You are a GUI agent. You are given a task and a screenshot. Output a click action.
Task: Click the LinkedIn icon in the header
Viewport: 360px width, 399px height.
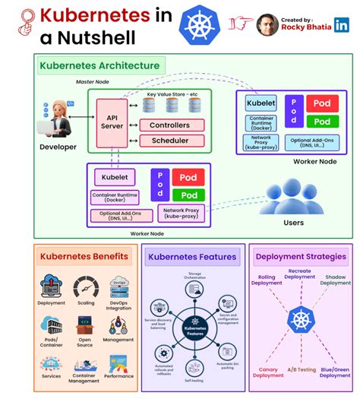pyautogui.click(x=343, y=24)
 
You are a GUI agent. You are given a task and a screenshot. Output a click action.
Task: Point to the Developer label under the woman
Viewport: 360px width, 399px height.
pyautogui.click(x=58, y=147)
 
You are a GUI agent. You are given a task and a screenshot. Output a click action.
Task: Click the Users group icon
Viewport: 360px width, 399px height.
pyautogui.click(x=292, y=197)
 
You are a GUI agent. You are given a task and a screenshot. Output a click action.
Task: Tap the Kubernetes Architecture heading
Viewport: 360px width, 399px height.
pyautogui.click(x=100, y=65)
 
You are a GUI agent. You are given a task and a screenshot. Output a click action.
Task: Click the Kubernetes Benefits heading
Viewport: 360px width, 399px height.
pyautogui.click(x=84, y=257)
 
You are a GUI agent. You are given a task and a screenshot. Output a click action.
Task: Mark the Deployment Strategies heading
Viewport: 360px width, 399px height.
pyautogui.click(x=301, y=256)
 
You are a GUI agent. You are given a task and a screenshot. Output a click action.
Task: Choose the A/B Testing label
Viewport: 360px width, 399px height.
pyautogui.click(x=302, y=369)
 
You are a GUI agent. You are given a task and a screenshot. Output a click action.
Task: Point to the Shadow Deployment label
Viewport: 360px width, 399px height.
pyautogui.click(x=335, y=279)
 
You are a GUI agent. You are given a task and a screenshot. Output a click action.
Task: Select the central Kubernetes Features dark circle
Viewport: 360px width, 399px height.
pyautogui.click(x=195, y=329)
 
